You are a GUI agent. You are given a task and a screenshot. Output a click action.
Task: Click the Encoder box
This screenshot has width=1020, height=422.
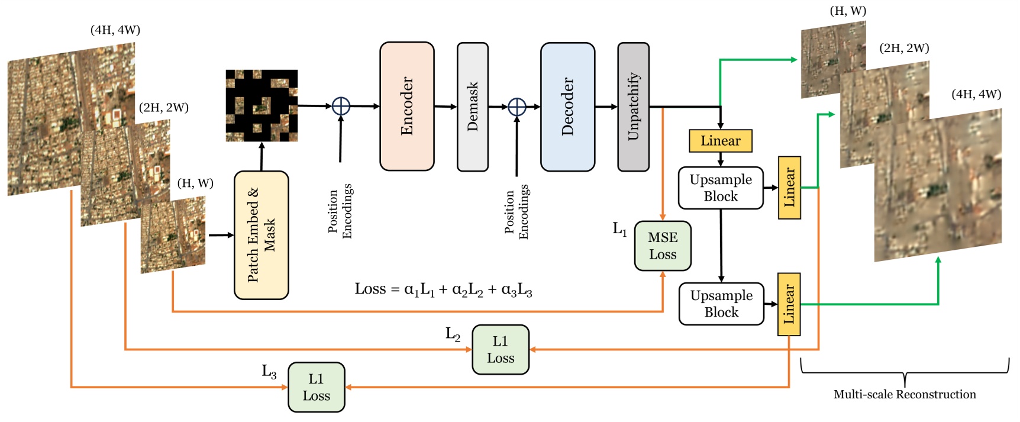click(406, 107)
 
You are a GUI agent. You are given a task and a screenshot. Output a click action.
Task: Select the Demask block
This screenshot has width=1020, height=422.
click(472, 107)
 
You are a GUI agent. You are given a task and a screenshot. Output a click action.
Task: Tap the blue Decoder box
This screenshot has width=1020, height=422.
click(567, 107)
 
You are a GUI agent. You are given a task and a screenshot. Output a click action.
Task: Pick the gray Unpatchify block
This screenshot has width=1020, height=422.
click(633, 107)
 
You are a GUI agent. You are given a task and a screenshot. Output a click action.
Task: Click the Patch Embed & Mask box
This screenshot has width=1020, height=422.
click(261, 235)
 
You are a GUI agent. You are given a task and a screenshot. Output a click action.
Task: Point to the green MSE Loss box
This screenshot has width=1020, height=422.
click(662, 246)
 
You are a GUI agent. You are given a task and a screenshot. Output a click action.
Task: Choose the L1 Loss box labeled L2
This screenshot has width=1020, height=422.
click(500, 349)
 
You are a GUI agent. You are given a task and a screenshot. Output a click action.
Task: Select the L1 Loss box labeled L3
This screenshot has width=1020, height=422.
click(316, 387)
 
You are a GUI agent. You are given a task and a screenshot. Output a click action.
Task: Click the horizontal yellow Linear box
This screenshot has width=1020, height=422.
click(720, 141)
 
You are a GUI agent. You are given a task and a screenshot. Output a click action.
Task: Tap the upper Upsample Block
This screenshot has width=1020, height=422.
click(721, 188)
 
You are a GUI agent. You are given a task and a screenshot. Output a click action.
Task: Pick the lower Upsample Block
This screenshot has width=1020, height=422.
click(721, 304)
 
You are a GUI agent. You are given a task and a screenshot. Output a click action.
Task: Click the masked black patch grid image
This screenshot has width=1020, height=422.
click(262, 106)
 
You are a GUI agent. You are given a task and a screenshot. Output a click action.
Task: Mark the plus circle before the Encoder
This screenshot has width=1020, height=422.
click(341, 106)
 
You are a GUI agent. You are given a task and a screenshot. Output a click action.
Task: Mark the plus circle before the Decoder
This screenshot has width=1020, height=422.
click(517, 107)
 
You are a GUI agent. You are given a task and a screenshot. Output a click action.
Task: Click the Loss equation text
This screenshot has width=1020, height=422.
click(443, 289)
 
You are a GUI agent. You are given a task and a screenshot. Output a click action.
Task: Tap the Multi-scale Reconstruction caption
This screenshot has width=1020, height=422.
click(904, 394)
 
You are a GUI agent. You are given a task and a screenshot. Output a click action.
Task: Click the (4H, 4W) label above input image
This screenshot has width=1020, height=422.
click(115, 30)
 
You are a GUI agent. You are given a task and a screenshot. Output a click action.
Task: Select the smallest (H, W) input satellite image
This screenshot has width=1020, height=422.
click(173, 235)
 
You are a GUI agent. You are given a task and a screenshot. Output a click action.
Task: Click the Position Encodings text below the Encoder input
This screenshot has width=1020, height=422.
click(340, 211)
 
